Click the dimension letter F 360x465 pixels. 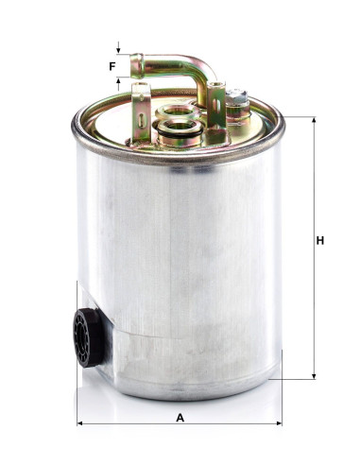click(x=112, y=66)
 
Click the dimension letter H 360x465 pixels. click(x=320, y=240)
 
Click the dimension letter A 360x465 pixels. click(x=180, y=418)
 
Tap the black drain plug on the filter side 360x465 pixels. click(x=87, y=337)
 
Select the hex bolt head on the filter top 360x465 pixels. click(x=237, y=95)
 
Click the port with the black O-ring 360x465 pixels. click(x=180, y=129)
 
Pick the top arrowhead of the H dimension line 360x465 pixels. click(x=314, y=120)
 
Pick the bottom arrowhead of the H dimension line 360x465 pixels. click(x=314, y=376)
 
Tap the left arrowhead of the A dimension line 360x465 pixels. click(x=80, y=423)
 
